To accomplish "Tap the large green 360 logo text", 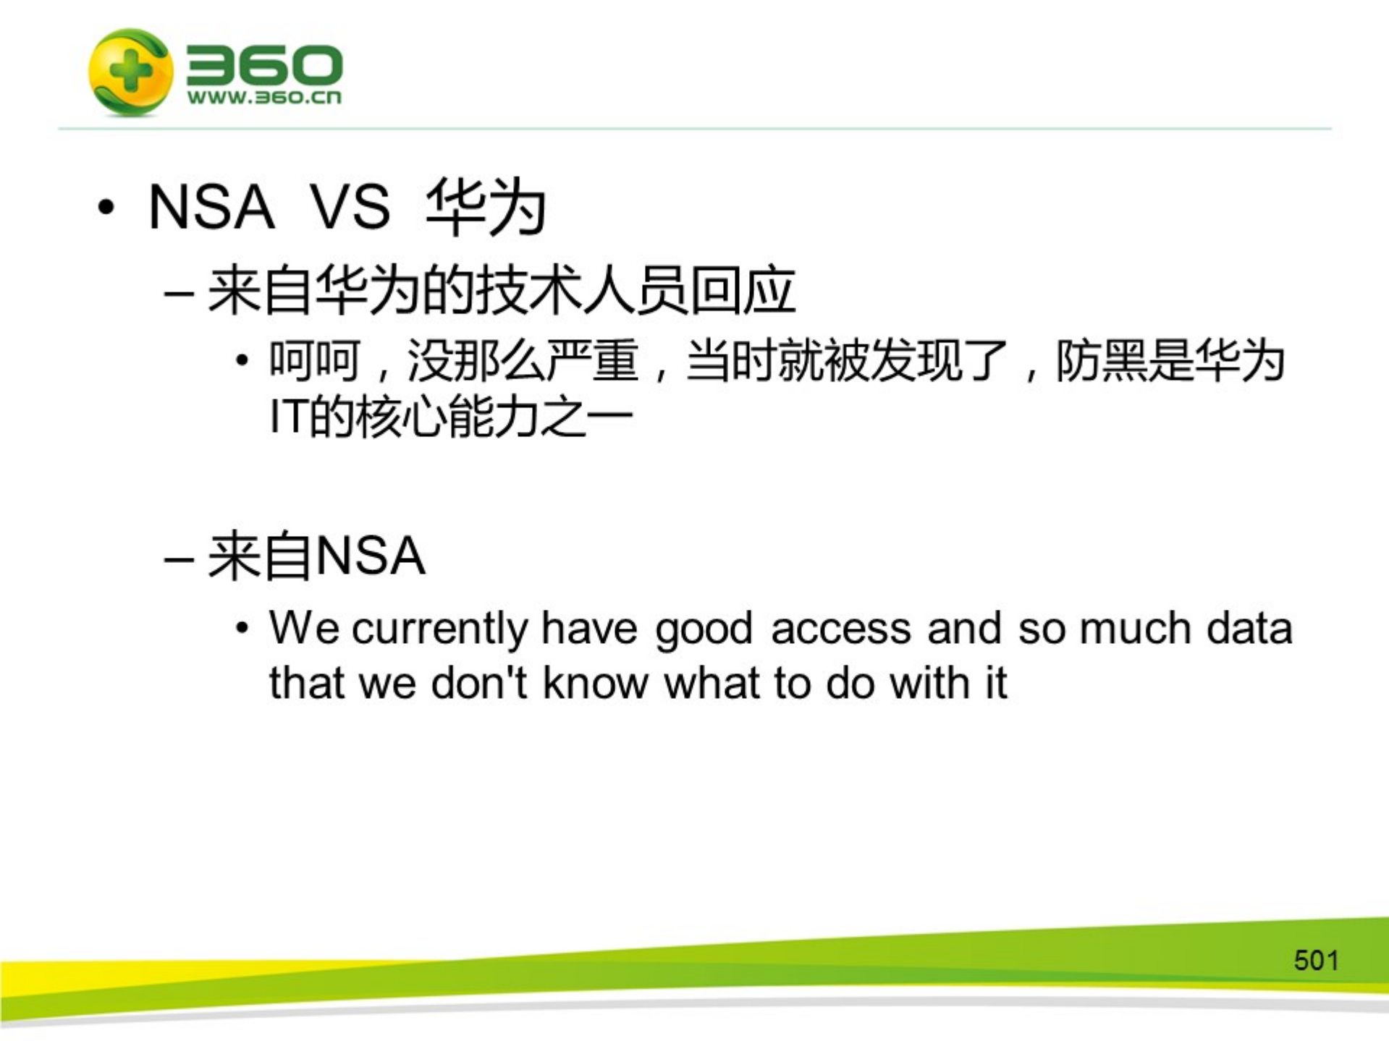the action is pos(264,65).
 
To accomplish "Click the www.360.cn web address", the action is pos(264,98).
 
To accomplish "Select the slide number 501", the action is pos(1316,960).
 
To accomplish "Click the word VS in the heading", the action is pos(350,207).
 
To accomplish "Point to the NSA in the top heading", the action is pos(211,207).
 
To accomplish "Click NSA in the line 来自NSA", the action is pos(371,556).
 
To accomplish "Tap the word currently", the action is pos(439,628).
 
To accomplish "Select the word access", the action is pos(840,628).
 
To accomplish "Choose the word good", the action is pos(704,629).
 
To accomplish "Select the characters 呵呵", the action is pos(314,360).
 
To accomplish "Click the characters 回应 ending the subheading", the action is pos(743,291).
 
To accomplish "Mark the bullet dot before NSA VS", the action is pos(106,208).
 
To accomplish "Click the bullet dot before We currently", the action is pos(242,628).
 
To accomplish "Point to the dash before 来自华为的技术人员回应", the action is pos(179,294).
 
